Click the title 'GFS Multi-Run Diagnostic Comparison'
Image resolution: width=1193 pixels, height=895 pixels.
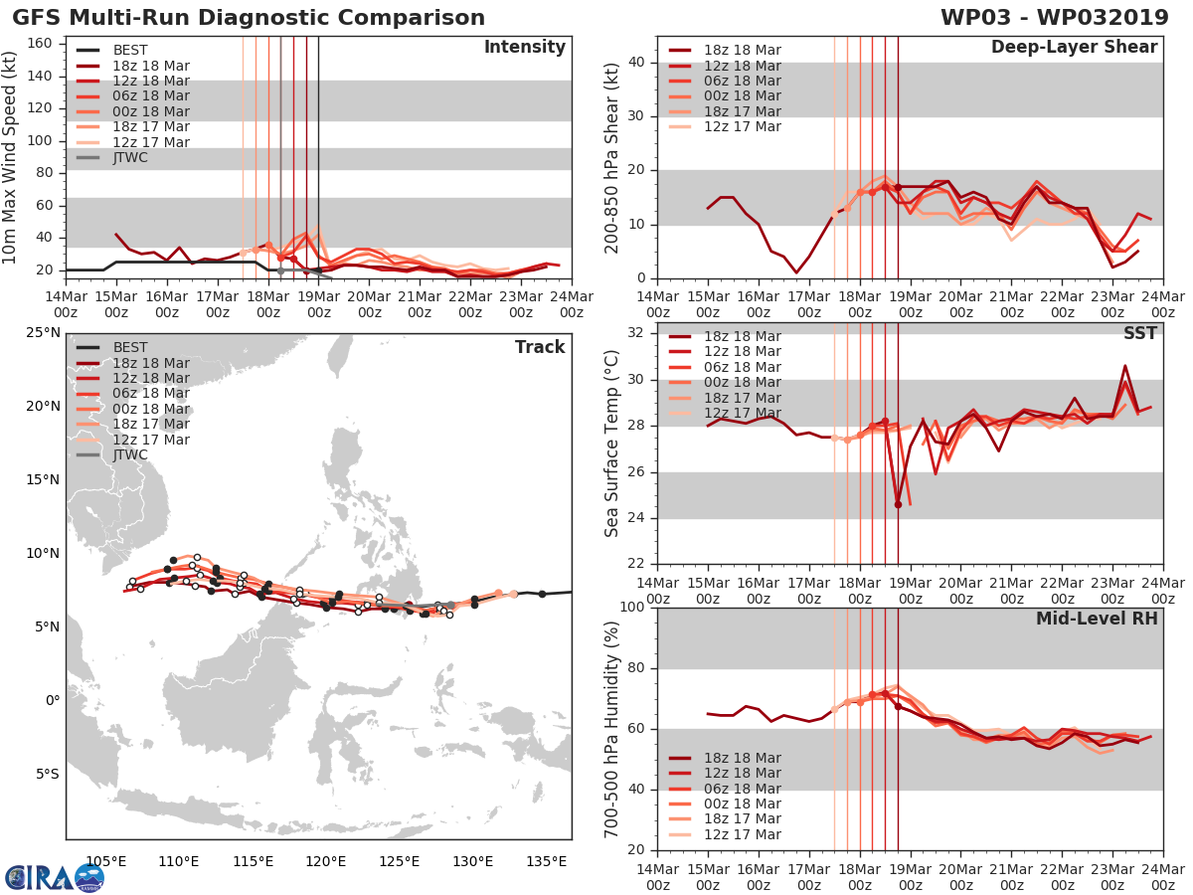pos(249,18)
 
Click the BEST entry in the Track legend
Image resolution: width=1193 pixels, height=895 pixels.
pos(130,348)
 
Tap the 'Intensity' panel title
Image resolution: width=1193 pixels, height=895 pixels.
pos(525,48)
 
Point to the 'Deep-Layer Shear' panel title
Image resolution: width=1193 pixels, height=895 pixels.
pos(1074,48)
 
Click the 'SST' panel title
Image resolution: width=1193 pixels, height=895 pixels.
pos(1140,333)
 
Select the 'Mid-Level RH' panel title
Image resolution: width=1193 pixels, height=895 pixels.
pos(1097,619)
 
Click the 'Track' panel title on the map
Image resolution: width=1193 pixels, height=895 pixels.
pos(540,347)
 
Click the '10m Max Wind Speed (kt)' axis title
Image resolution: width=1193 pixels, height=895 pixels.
pos(11,155)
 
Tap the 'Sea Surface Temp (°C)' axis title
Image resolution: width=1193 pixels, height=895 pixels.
pos(611,443)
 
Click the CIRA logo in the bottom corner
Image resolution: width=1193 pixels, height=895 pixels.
pos(55,877)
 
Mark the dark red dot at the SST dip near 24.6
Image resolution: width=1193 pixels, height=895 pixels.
pos(898,504)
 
